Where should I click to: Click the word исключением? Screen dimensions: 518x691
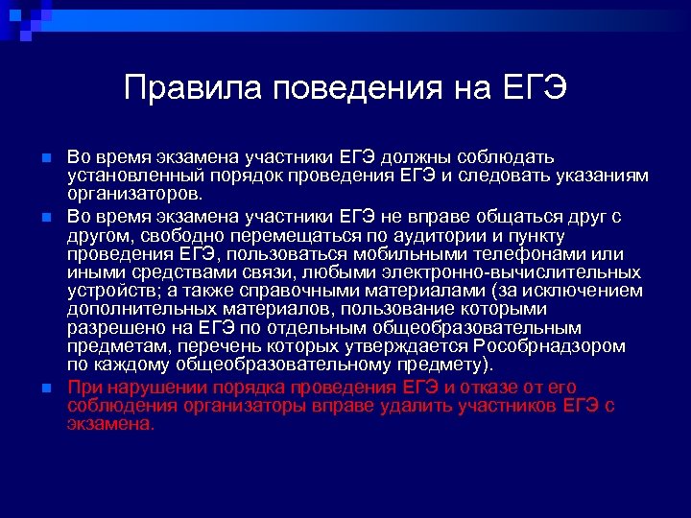tap(584, 291)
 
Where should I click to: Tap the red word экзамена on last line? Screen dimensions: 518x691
tap(109, 423)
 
